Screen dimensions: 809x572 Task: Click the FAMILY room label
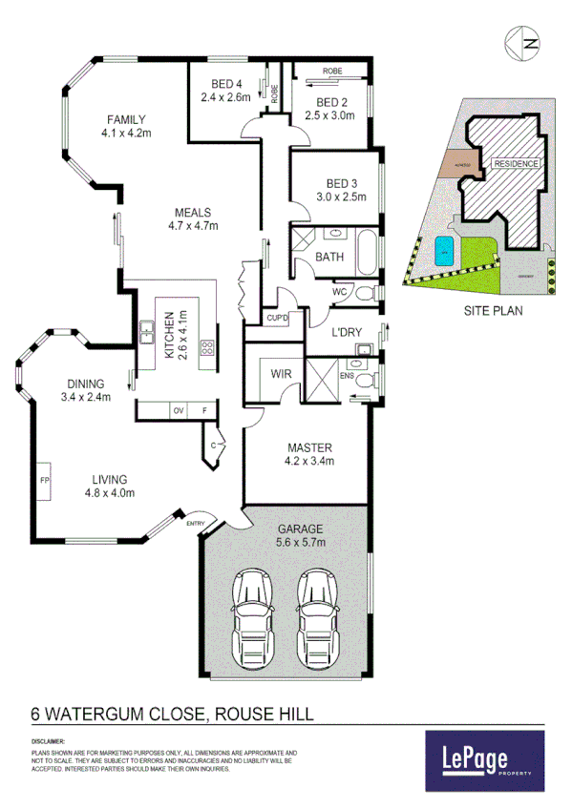pyautogui.click(x=126, y=119)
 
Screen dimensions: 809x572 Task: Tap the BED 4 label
pyautogui.click(x=224, y=84)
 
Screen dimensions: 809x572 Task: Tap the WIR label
pyautogui.click(x=281, y=375)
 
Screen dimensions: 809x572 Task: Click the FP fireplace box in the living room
pyautogui.click(x=45, y=480)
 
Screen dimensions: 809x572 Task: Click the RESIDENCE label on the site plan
pyautogui.click(x=516, y=163)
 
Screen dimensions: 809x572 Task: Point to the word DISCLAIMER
pyautogui.click(x=48, y=739)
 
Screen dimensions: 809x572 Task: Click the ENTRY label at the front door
pyautogui.click(x=196, y=522)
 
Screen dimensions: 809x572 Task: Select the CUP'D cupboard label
pyautogui.click(x=277, y=317)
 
